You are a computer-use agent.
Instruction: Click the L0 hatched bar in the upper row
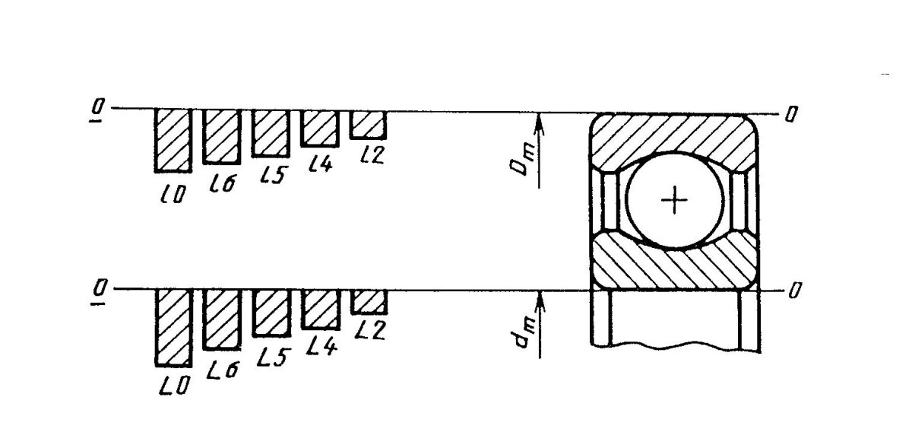tap(173, 140)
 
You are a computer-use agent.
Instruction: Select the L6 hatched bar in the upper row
tap(222, 137)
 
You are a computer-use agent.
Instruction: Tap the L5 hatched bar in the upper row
tap(271, 134)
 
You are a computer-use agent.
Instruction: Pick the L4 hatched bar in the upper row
tap(320, 129)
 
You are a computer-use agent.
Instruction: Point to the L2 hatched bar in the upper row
tap(368, 125)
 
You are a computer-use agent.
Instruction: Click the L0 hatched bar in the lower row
tap(174, 328)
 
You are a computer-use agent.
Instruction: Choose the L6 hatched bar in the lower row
tap(222, 319)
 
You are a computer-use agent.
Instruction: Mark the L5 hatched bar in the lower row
tap(271, 313)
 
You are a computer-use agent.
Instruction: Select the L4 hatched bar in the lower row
tap(321, 310)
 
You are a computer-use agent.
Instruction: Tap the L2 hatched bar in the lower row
tap(369, 303)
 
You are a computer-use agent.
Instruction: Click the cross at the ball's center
tap(674, 199)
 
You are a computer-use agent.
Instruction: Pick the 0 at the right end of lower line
tap(794, 291)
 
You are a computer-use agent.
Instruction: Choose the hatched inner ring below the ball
tap(674, 265)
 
